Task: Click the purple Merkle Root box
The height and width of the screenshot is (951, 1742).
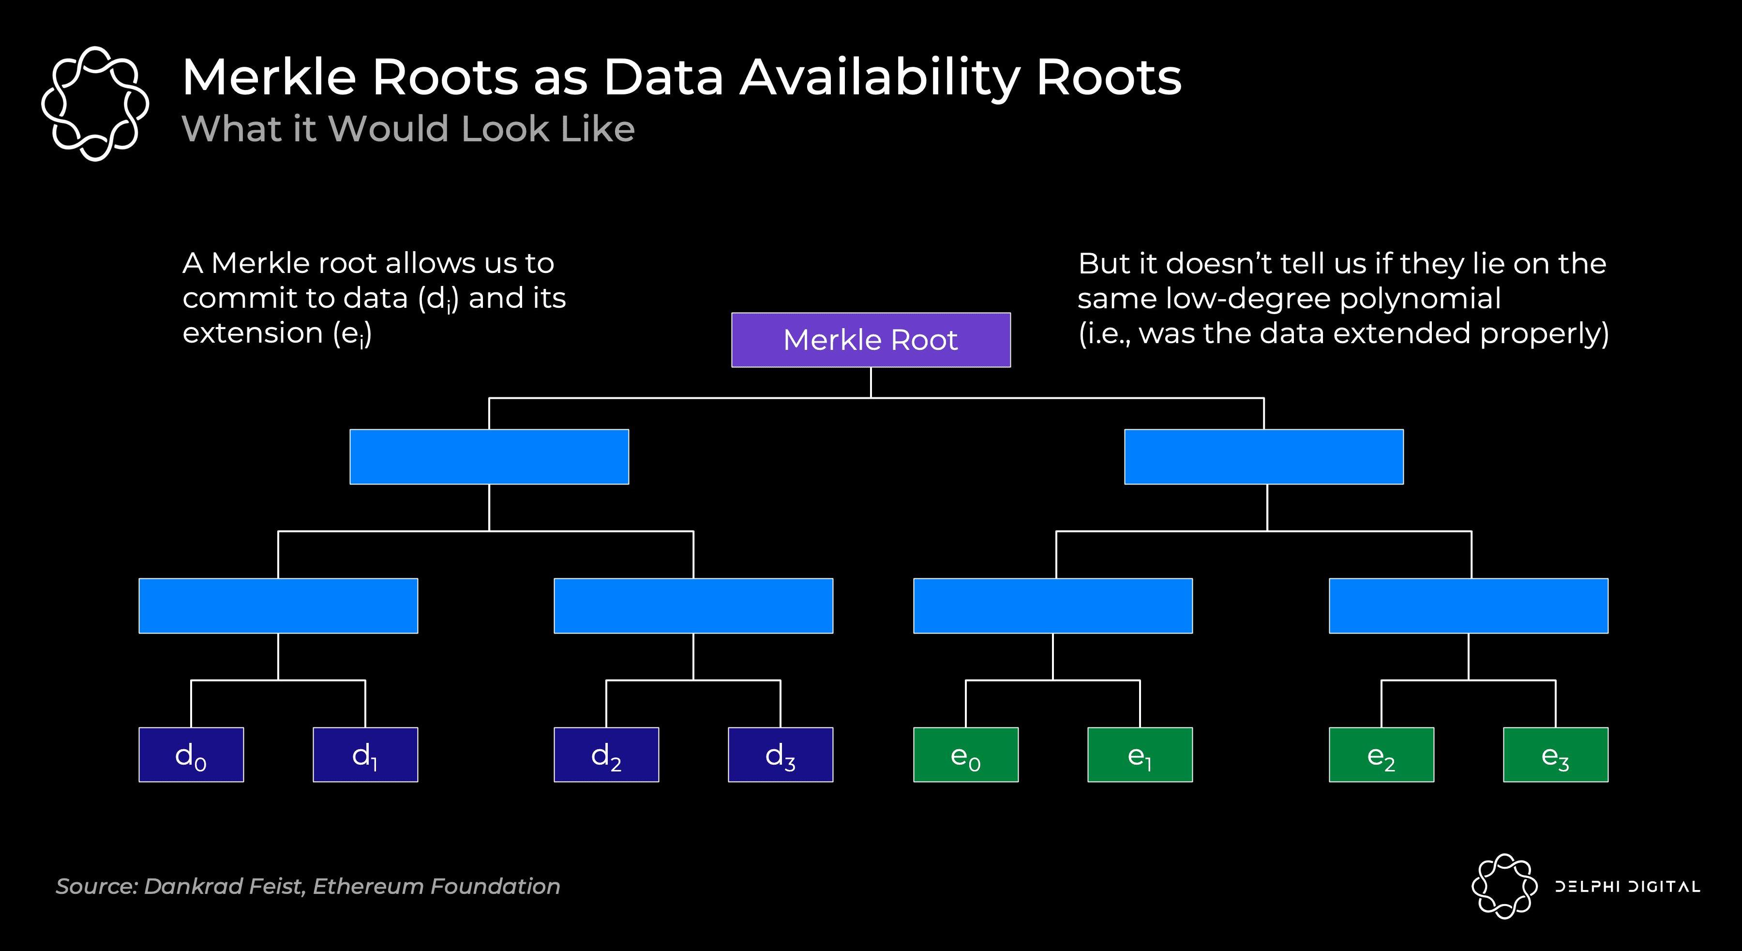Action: click(871, 340)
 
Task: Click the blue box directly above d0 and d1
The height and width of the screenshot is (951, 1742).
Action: click(278, 605)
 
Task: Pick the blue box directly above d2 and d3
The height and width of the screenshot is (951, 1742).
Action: click(693, 605)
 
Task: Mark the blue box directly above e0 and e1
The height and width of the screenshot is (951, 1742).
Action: click(1052, 605)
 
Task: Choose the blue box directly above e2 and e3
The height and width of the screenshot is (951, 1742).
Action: click(1468, 605)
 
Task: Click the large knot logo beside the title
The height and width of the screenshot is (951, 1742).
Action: click(95, 104)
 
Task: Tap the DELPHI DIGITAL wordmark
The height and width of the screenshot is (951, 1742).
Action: click(1627, 887)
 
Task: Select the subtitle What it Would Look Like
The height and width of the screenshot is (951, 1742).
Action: click(408, 129)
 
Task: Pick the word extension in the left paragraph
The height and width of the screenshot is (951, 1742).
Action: click(252, 333)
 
